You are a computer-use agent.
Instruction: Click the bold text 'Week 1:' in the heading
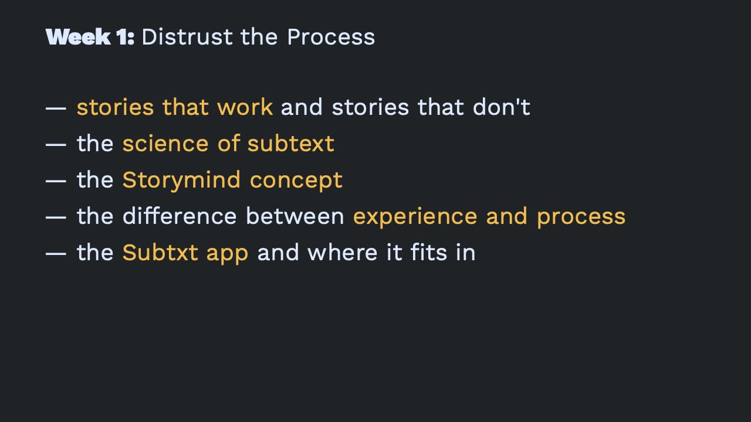pyautogui.click(x=90, y=37)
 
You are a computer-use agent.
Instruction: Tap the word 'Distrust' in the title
pyautogui.click(x=187, y=37)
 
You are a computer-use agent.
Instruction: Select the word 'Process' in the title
pyautogui.click(x=331, y=37)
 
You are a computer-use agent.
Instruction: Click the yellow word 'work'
pyautogui.click(x=245, y=107)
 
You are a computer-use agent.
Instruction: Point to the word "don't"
pyautogui.click(x=502, y=107)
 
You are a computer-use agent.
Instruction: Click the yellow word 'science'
pyautogui.click(x=165, y=144)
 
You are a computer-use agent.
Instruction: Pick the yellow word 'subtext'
pyautogui.click(x=290, y=144)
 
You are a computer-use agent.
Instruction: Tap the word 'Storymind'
pyautogui.click(x=181, y=181)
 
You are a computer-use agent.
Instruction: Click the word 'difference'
pyautogui.click(x=180, y=216)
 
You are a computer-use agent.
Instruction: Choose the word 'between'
pyautogui.click(x=295, y=216)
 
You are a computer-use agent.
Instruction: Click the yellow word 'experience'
pyautogui.click(x=415, y=217)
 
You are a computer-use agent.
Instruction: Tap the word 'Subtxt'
pyautogui.click(x=160, y=253)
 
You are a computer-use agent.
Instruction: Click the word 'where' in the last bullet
pyautogui.click(x=343, y=253)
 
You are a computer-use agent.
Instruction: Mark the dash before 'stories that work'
pyautogui.click(x=56, y=108)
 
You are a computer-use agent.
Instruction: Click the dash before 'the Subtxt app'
pyautogui.click(x=56, y=254)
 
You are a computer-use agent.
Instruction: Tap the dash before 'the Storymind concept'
pyautogui.click(x=56, y=181)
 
